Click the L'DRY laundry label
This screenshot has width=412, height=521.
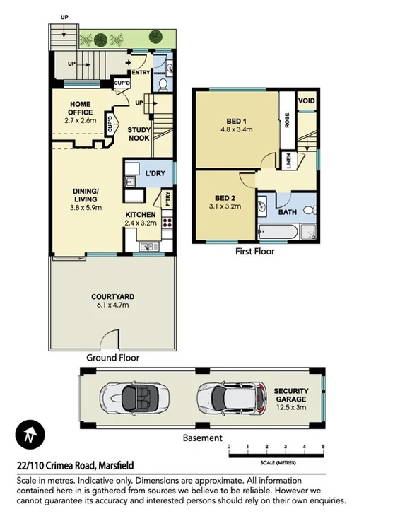click(155, 173)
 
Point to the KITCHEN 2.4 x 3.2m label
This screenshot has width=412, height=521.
click(141, 218)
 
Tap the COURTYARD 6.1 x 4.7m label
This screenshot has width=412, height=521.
click(112, 300)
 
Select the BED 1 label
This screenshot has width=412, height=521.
click(237, 125)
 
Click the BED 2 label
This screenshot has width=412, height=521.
click(224, 202)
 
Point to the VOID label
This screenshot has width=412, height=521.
click(307, 101)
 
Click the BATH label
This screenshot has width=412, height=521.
click(288, 211)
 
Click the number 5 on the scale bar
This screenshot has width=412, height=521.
click(323, 447)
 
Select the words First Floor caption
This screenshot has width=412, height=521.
click(254, 251)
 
